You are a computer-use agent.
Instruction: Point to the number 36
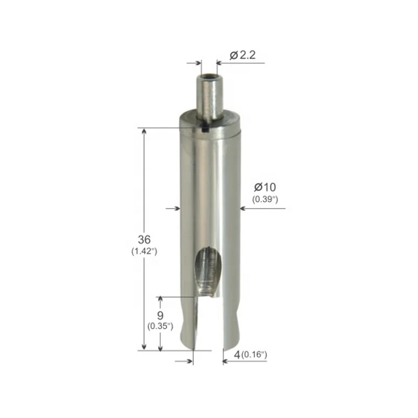click(144, 239)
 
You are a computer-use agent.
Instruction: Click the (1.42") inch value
click(144, 251)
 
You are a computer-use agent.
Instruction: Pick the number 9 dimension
click(160, 315)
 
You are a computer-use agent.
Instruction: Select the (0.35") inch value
click(160, 326)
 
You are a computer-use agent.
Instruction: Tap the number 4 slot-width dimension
click(237, 355)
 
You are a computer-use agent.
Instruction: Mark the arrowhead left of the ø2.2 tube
click(198, 63)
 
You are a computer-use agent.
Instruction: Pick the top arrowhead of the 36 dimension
click(144, 131)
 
